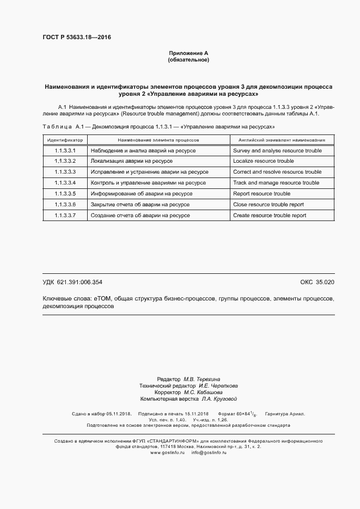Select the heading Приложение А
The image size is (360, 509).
[188, 53]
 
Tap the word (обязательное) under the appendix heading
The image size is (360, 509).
[188, 59]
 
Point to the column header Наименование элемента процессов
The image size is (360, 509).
[158, 140]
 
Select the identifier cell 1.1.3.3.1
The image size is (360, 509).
[65, 151]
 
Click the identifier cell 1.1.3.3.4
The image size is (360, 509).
[65, 183]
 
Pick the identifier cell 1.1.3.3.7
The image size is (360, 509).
[65, 216]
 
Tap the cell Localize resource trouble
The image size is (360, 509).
[263, 161]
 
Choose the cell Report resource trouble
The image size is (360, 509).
[261, 194]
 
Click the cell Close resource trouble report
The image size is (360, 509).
[268, 205]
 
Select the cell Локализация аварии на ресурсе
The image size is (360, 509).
[132, 161]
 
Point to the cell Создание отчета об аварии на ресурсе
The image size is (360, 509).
[141, 216]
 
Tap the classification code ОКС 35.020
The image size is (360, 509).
[317, 282]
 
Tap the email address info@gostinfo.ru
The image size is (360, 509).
[209, 452]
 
